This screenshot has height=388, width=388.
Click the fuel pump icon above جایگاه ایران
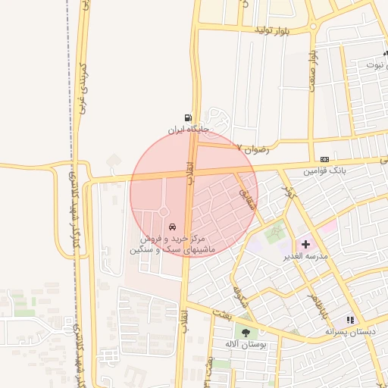pyautogui.click(x=186, y=117)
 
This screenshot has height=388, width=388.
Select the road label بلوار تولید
pyautogui.click(x=273, y=30)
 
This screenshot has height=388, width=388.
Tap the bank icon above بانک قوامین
pyautogui.click(x=324, y=159)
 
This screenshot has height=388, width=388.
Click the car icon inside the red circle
pyautogui.click(x=173, y=227)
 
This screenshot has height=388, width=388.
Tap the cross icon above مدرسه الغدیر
pyautogui.click(x=305, y=244)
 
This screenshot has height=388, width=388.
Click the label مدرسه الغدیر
pyautogui.click(x=305, y=256)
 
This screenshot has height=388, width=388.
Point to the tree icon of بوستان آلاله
pyautogui.click(x=245, y=331)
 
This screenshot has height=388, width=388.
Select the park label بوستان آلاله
pyautogui.click(x=244, y=343)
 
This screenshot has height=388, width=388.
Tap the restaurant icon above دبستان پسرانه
pyautogui.click(x=350, y=320)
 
